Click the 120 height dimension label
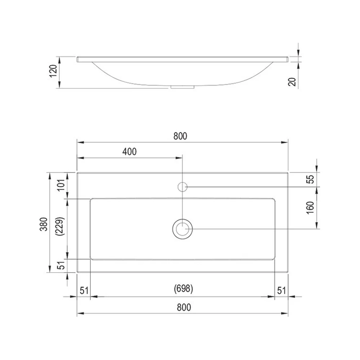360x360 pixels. coord(53,71)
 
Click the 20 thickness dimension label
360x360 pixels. coord(292,82)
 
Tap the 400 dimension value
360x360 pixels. coord(130,152)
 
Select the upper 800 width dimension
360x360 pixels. coord(180,136)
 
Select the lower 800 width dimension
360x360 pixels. coord(184,307)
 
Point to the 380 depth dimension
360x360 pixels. coord(44,224)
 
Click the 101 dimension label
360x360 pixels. coord(61,185)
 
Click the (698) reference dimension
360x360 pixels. coord(184,288)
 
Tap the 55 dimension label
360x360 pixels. coord(310,179)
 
